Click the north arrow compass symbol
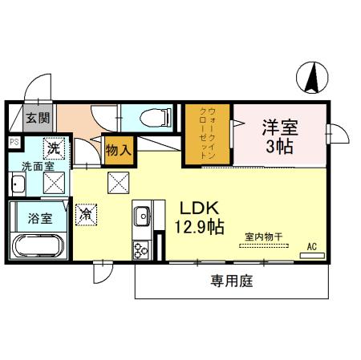[x=312, y=77]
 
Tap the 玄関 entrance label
[x=37, y=118]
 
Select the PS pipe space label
[x=14, y=143]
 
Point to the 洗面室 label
[x=37, y=167]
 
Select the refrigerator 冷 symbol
[x=86, y=214]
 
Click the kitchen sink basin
[x=142, y=216]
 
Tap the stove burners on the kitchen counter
[x=141, y=249]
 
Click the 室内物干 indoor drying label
[x=265, y=237]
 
